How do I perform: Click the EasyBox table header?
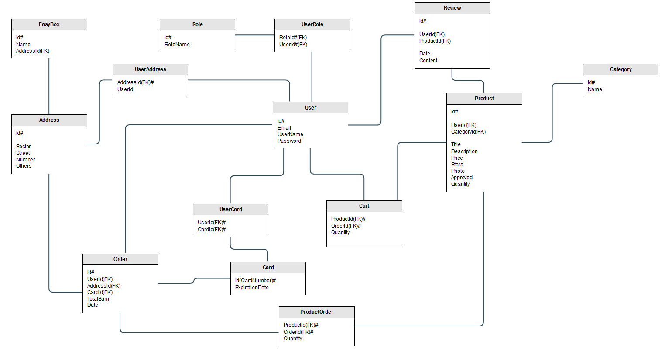point(49,24)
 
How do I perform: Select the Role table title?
point(197,24)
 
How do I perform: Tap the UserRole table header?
point(312,24)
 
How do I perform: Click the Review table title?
point(452,8)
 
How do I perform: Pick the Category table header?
point(620,69)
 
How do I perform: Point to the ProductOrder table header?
point(316,312)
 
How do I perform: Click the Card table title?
point(268,267)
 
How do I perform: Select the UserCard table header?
point(230,209)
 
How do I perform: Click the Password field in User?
point(289,141)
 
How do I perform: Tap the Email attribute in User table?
point(284,128)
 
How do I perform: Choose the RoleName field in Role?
point(177,45)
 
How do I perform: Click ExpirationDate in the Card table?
point(252,288)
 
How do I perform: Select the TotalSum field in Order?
point(98,299)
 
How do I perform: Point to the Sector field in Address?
point(23,147)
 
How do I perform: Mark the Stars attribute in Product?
point(457,165)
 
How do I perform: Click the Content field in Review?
point(428,61)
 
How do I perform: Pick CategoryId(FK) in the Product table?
point(468,132)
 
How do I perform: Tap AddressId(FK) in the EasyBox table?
point(32,51)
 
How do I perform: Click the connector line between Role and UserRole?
point(254,35)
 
